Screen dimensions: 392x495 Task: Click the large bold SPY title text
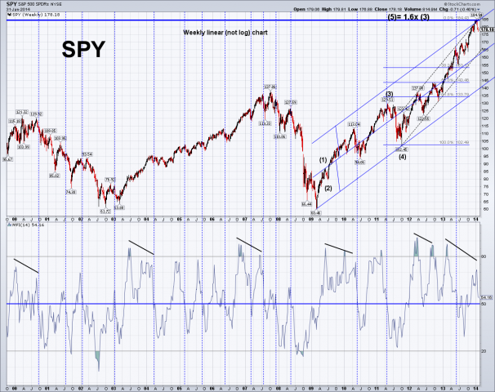(83, 48)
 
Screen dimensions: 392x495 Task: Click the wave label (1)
(323, 159)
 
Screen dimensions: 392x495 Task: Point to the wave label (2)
(328, 189)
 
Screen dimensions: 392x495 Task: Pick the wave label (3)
(390, 94)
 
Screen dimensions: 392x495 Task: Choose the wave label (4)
(402, 157)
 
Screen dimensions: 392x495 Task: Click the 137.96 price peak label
(267, 86)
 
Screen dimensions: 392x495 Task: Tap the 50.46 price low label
(318, 213)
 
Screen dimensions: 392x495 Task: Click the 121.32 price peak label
(22, 112)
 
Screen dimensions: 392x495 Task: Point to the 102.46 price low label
(401, 148)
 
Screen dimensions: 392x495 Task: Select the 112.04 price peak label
(354, 124)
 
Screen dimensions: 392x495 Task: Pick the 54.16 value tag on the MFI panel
(485, 297)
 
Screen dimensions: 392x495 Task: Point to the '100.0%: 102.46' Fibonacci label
(453, 143)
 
